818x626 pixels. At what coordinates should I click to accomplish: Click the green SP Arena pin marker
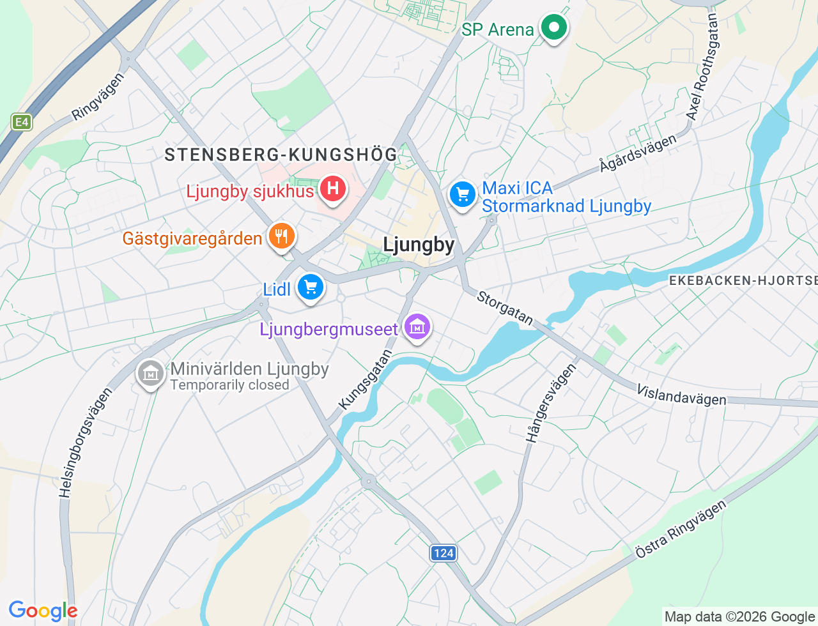click(x=553, y=28)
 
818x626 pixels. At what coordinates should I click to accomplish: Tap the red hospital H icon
click(x=332, y=189)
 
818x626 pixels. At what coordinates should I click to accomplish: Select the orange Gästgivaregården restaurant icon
click(x=281, y=236)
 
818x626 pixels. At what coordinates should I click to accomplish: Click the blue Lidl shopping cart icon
click(x=311, y=287)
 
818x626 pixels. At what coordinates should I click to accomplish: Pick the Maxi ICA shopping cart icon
click(x=463, y=194)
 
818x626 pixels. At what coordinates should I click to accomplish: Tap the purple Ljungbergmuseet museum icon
click(x=417, y=328)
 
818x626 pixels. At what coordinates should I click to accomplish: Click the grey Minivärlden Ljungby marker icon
click(x=151, y=373)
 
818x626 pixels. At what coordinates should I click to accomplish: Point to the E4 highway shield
click(x=22, y=121)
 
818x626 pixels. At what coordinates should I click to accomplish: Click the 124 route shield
click(x=444, y=553)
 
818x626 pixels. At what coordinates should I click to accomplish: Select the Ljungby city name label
click(x=419, y=245)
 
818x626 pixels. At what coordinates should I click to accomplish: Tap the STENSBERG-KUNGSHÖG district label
click(x=281, y=155)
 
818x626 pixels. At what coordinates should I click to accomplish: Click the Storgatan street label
click(x=505, y=308)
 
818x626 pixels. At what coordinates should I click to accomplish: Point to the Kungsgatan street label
click(x=366, y=379)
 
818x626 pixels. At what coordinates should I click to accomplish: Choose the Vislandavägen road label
click(x=681, y=395)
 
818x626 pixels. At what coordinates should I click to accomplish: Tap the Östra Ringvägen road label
click(x=681, y=530)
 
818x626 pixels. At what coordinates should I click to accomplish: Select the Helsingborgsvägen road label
click(x=85, y=442)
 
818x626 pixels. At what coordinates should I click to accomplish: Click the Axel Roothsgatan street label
click(x=702, y=67)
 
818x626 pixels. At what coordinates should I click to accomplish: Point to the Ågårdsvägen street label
click(x=638, y=154)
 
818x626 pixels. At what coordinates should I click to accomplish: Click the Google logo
click(x=43, y=611)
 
